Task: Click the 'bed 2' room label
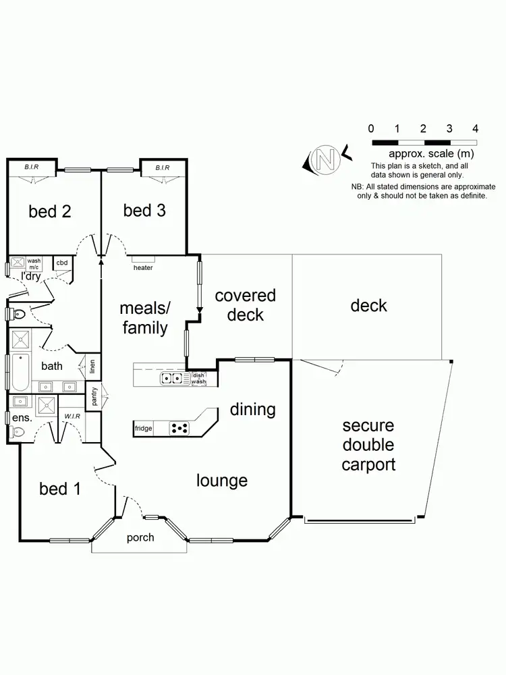point(50,211)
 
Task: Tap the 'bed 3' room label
point(144,211)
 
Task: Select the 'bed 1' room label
point(60,488)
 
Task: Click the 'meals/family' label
point(144,318)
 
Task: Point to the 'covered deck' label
point(245,305)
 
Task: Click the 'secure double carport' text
point(368,446)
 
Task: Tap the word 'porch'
point(140,538)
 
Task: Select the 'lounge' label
point(222,481)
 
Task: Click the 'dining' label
point(253,409)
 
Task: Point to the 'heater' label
point(143,268)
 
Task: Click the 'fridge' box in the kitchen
point(143,429)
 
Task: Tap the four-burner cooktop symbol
point(179,428)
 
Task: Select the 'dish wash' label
point(198,379)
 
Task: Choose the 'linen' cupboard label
point(92,369)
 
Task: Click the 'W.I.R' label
point(72,416)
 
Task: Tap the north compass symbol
point(326,159)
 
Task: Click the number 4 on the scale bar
point(476,128)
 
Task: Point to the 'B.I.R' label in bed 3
point(162,167)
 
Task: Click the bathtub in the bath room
point(20,372)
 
